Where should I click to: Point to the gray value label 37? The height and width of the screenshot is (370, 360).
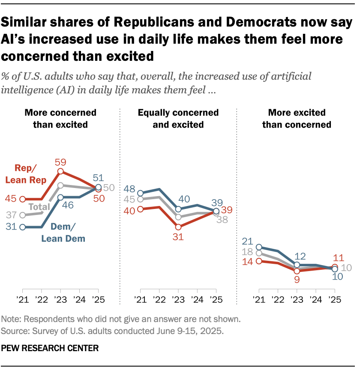tap(12, 215)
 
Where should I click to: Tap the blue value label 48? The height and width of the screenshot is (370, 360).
tap(130, 189)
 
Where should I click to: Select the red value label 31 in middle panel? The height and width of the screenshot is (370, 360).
tap(178, 236)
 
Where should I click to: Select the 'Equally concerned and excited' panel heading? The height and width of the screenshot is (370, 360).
tap(178, 119)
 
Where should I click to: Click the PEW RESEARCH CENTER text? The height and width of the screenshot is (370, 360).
tap(50, 348)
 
